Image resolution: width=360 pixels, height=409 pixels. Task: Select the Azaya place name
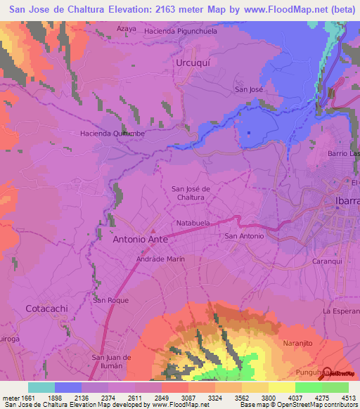[x=127, y=29]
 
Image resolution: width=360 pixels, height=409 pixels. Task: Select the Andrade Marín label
[x=160, y=259]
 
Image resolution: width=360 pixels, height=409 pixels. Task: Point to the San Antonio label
[x=244, y=236]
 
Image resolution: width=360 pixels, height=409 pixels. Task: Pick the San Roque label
[x=109, y=300]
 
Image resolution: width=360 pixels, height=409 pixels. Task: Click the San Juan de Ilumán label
[x=112, y=361]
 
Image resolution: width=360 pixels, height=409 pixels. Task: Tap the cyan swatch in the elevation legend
[x=41, y=387]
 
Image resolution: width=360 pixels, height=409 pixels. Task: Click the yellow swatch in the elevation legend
[x=282, y=387]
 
